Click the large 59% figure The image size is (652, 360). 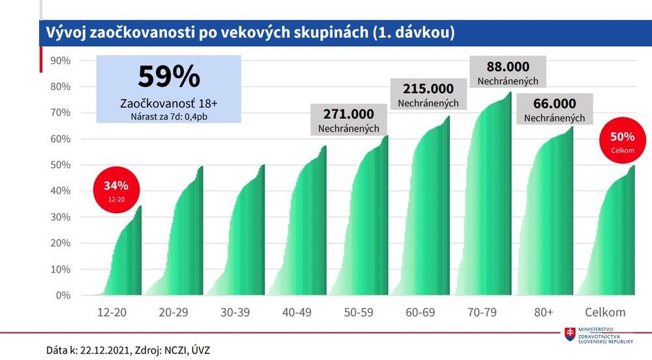click(x=169, y=76)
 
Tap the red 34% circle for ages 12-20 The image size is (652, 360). click(x=117, y=186)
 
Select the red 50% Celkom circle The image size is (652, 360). click(x=622, y=140)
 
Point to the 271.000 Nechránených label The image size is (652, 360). click(x=348, y=120)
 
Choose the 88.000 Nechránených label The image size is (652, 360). click(x=507, y=72)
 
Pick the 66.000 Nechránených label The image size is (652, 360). click(x=554, y=109)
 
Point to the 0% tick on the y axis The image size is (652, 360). click(x=63, y=295)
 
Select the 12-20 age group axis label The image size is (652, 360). click(x=111, y=312)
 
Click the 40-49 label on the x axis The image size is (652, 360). click(x=297, y=312)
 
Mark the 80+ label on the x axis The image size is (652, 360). click(x=543, y=312)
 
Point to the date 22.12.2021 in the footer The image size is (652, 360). click(x=106, y=350)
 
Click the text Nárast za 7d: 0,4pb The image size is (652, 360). click(x=168, y=117)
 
